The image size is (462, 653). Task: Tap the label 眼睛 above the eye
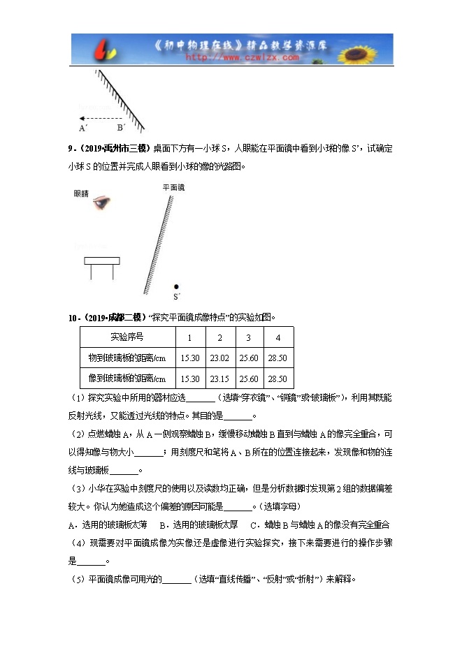click(82, 193)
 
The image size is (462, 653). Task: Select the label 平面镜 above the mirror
click(173, 188)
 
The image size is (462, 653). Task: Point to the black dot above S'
click(176, 287)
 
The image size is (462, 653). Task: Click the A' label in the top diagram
click(82, 128)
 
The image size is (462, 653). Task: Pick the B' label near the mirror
click(121, 128)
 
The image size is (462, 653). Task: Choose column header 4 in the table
click(278, 337)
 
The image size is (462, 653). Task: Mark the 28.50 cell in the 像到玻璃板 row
click(278, 379)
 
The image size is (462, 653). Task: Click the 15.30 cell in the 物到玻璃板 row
click(190, 358)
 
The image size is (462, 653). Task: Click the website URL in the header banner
click(242, 58)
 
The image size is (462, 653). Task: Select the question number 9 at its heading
click(71, 148)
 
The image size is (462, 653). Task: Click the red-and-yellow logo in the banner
click(104, 50)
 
